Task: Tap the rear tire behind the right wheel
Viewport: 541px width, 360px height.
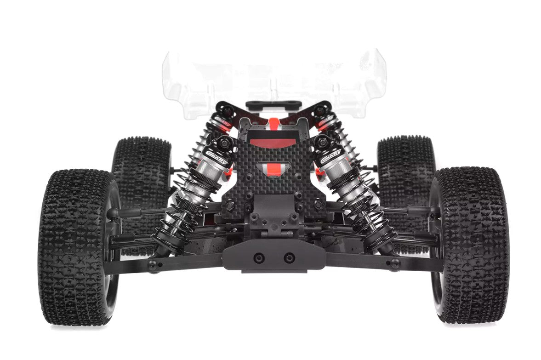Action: (404, 166)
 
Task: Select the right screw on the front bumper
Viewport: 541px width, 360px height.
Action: (289, 257)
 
